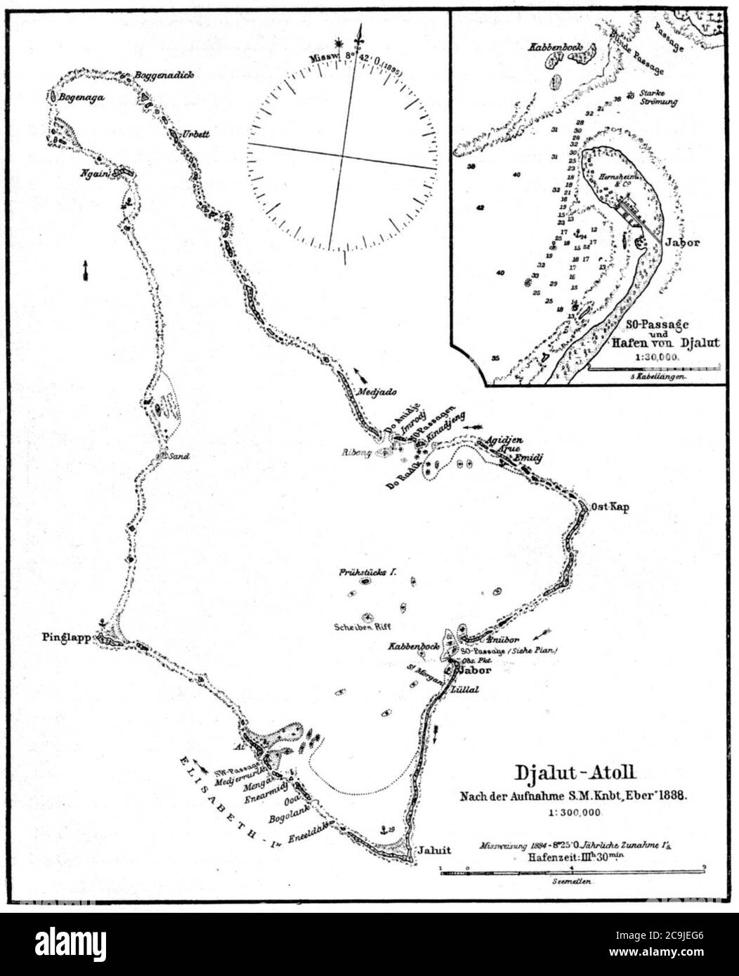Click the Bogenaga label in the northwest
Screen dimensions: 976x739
(81, 98)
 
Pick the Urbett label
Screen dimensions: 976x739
(196, 133)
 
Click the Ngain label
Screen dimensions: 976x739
(96, 176)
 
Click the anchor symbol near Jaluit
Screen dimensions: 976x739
(384, 830)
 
